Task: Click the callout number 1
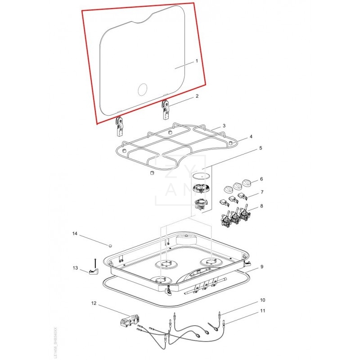point(197,61)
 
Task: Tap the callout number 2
point(197,96)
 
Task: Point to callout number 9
point(262,266)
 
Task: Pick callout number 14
point(75,234)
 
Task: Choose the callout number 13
point(75,268)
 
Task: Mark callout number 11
point(263,311)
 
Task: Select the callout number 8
point(262,207)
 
